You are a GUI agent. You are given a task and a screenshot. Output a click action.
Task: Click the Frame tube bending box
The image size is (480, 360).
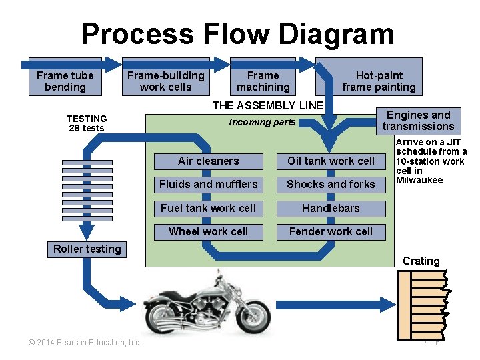(65, 81)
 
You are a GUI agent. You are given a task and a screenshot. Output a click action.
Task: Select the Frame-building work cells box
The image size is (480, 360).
(166, 81)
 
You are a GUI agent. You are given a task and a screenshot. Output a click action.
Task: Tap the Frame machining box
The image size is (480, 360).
(263, 81)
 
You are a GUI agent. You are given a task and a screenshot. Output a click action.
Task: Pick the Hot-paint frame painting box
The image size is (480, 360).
(379, 81)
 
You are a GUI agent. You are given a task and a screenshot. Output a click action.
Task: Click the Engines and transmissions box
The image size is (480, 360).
(418, 121)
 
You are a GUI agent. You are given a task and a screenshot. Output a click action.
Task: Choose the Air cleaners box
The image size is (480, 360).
(208, 161)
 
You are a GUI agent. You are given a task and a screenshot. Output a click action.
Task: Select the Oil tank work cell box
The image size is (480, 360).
(331, 161)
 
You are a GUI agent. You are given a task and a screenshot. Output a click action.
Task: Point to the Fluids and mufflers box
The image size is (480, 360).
(208, 184)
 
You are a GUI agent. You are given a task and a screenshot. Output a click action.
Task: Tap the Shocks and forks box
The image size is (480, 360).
(331, 184)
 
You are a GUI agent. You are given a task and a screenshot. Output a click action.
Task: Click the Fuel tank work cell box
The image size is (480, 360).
(208, 208)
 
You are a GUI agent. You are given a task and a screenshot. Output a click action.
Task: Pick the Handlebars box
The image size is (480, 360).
(331, 208)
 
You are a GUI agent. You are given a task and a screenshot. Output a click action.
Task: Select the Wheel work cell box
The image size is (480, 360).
(208, 231)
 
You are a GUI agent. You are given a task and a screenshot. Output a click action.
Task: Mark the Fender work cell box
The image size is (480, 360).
(331, 231)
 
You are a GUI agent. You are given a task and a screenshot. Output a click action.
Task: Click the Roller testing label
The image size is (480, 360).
(87, 249)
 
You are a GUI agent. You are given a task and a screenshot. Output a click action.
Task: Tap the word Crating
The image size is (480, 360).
(421, 261)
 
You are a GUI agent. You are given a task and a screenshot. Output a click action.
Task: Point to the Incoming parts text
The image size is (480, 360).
(262, 122)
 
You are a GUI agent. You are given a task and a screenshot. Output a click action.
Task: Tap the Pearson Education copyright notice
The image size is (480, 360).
(85, 343)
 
